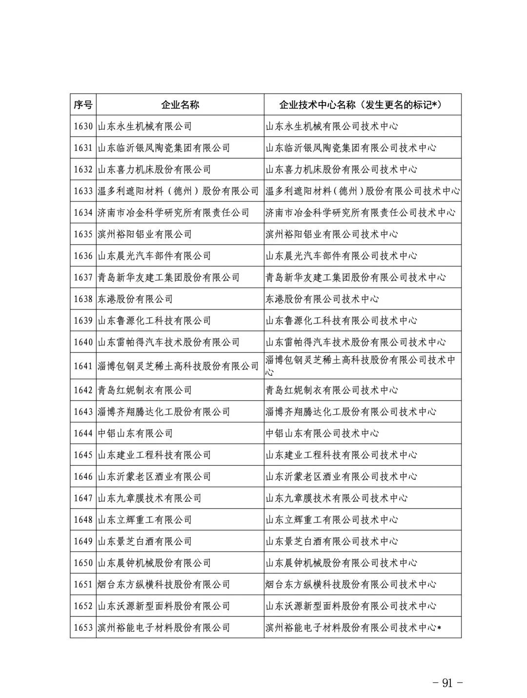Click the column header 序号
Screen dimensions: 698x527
click(x=83, y=104)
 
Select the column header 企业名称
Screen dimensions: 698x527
click(x=180, y=104)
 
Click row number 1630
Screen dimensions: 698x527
click(x=83, y=126)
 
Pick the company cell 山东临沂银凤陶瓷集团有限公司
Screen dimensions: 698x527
click(x=164, y=148)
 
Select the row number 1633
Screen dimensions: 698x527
click(x=83, y=191)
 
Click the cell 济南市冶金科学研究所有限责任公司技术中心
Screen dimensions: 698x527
click(x=360, y=213)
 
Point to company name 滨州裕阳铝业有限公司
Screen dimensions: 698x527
click(x=145, y=234)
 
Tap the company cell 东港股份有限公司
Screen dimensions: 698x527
click(x=135, y=299)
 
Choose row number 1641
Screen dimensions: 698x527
click(x=83, y=366)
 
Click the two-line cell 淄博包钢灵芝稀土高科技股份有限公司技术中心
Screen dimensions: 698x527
click(x=360, y=366)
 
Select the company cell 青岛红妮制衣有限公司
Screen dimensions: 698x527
click(x=145, y=390)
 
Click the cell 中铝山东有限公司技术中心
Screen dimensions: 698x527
click(x=322, y=433)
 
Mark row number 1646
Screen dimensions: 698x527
click(x=83, y=476)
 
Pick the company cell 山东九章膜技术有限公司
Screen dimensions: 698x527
click(x=150, y=498)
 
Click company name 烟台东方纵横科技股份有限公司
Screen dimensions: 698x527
click(x=164, y=584)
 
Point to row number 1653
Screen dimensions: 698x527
click(x=83, y=627)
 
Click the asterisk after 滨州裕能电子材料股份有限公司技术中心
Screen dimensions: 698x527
click(x=439, y=628)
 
